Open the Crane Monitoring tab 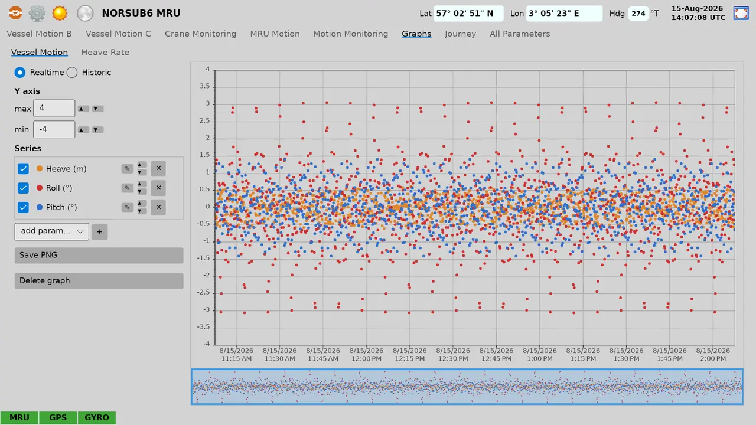(x=200, y=34)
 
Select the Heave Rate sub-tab (x=105, y=53)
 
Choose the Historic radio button (x=72, y=73)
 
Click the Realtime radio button (x=20, y=73)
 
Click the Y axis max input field (x=54, y=108)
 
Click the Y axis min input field (x=54, y=129)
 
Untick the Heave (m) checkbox (x=23, y=169)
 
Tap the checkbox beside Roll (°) (x=23, y=188)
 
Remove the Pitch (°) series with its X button (x=158, y=207)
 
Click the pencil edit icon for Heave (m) (x=127, y=169)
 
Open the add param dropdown (x=51, y=231)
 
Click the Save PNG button (x=99, y=256)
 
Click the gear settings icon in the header (x=37, y=14)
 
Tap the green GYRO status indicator (x=97, y=417)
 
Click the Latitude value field (x=468, y=14)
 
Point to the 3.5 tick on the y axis (x=204, y=86)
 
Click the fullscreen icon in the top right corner (x=741, y=14)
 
